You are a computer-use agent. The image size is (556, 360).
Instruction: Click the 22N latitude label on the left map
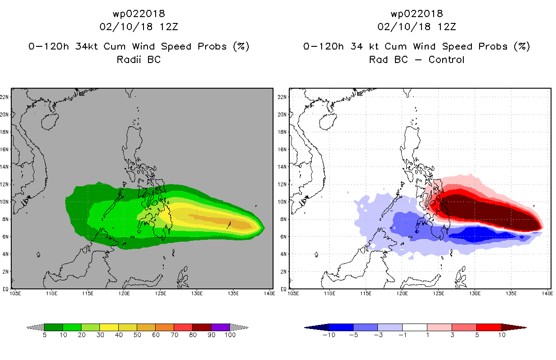(4, 97)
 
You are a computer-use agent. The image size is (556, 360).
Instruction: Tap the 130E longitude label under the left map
(197, 294)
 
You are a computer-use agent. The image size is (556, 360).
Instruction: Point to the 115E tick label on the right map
(366, 294)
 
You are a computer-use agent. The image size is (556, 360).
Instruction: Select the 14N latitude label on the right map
(282, 167)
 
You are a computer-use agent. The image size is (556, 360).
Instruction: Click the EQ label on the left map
(5, 289)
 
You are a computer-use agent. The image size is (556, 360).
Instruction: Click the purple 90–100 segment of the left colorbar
(220, 327)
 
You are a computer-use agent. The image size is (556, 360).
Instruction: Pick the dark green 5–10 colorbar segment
(54, 327)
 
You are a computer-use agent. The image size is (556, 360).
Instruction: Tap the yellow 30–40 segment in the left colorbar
(109, 327)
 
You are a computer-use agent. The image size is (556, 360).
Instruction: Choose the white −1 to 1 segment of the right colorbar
(414, 327)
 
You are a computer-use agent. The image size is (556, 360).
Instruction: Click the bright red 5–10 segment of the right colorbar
(489, 327)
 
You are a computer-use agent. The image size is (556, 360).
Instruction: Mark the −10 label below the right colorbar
(329, 335)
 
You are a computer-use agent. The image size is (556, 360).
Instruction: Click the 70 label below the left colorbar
(174, 335)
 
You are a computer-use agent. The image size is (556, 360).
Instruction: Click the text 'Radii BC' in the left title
(139, 59)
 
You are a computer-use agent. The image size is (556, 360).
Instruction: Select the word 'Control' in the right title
(446, 59)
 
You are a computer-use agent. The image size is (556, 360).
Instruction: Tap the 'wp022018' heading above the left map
(139, 13)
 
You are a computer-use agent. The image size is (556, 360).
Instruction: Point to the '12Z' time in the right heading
(447, 27)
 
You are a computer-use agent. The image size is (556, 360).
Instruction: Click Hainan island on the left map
(50, 121)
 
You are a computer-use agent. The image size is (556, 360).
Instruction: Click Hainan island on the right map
(328, 121)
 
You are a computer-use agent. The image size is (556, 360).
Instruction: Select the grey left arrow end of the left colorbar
(35, 327)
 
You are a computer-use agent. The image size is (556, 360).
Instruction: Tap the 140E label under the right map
(547, 294)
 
